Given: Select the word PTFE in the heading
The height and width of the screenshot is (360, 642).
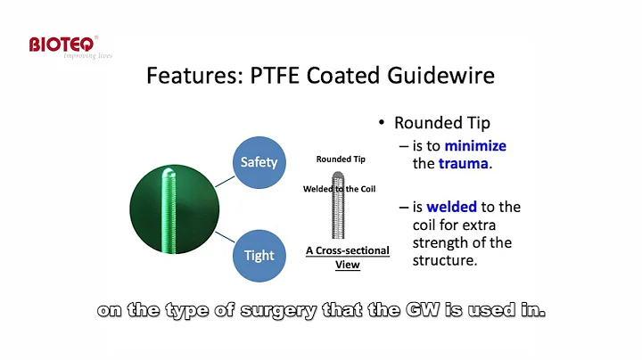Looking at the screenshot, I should (x=257, y=77).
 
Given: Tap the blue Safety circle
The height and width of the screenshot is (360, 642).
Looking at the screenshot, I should (x=259, y=162).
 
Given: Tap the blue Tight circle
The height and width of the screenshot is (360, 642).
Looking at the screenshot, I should (x=259, y=255).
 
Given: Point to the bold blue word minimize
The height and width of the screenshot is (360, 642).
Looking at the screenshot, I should (x=475, y=145).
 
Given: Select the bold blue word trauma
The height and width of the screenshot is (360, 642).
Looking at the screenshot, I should (x=462, y=163).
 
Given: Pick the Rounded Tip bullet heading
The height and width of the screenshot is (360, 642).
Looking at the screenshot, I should (x=442, y=123).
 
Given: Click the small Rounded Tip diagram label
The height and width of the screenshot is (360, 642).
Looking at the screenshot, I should (x=341, y=160).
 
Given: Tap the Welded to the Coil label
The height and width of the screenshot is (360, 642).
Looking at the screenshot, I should (x=340, y=188).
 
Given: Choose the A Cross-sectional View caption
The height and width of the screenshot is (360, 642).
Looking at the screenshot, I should (x=348, y=257).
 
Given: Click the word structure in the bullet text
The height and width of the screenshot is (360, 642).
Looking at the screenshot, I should (x=446, y=260).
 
